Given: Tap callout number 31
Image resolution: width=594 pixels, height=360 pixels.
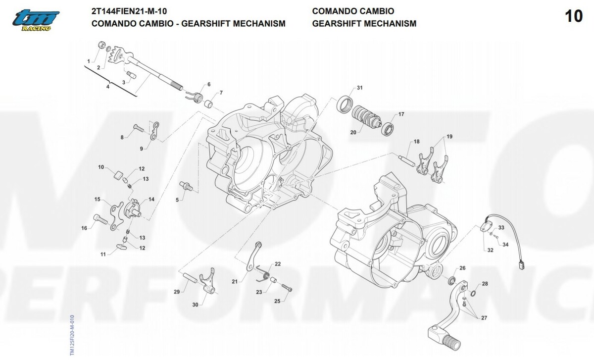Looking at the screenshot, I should tap(360, 88).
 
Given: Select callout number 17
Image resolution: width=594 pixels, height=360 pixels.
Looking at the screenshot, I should tap(401, 114).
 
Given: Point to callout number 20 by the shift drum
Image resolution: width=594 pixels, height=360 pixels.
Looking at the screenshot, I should tap(353, 132).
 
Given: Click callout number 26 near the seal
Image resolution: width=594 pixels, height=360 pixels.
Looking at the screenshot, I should tap(462, 268).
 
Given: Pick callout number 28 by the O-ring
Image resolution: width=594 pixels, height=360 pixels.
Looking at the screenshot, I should tap(485, 284).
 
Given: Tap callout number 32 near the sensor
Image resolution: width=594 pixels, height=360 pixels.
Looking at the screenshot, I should tap(490, 250).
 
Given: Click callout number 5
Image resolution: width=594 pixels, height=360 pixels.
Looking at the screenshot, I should tap(177, 200).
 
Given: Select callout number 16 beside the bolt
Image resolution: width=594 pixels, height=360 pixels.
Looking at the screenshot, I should tap(84, 228).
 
